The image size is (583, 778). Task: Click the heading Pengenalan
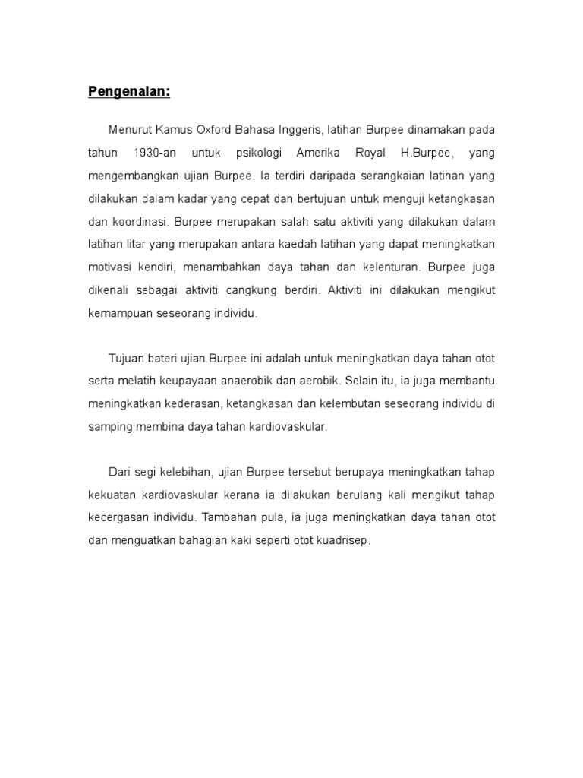tap(129, 93)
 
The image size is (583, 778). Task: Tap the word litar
tap(133, 245)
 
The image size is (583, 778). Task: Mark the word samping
tap(111, 426)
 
